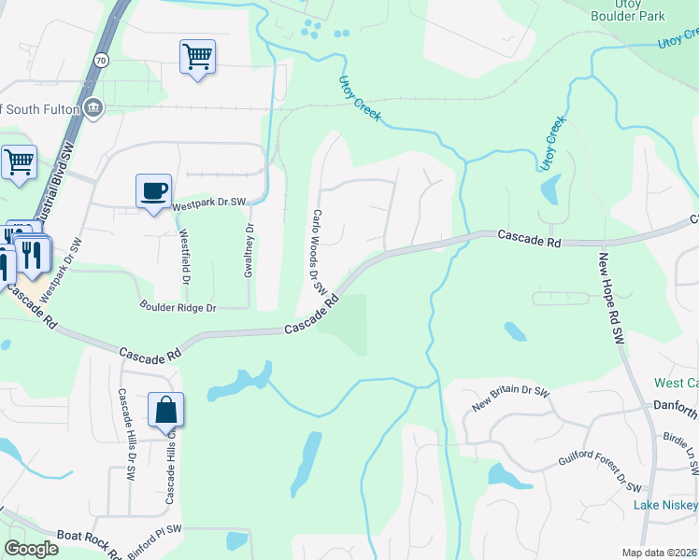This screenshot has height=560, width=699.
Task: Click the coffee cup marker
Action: pyautogui.click(x=153, y=191)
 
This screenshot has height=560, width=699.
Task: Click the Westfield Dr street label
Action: pyautogui.click(x=185, y=257)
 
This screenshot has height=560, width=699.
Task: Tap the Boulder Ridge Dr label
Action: pyautogui.click(x=178, y=306)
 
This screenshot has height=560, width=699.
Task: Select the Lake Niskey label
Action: pyautogui.click(x=665, y=505)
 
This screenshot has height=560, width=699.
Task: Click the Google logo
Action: pyautogui.click(x=31, y=549)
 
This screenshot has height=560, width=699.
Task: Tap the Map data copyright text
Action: pyautogui.click(x=659, y=553)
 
